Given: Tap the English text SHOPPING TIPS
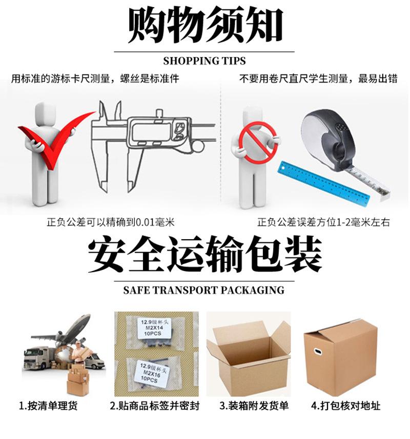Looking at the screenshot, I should point(204,61).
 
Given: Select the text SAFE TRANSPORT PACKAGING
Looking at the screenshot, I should point(204,290).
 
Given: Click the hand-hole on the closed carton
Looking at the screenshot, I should point(317,353).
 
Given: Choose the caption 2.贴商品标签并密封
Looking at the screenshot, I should point(154,406).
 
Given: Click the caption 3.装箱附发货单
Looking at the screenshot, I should point(254,406).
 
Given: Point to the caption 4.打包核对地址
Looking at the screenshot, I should point(346,406).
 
